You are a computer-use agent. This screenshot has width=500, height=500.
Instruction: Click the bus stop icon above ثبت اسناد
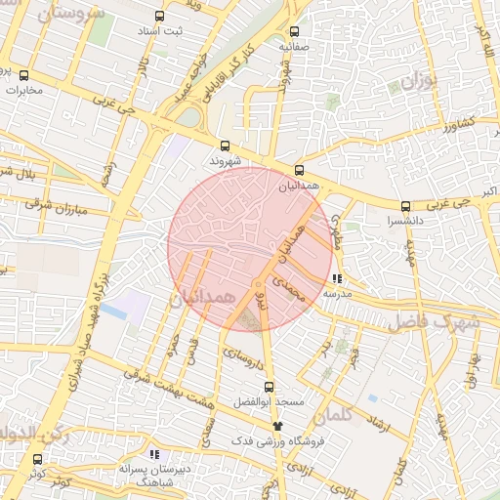coord(160,17)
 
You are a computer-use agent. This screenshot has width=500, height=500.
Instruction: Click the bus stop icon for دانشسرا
coord(405,206)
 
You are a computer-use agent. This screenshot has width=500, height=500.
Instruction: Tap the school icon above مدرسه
coord(337,278)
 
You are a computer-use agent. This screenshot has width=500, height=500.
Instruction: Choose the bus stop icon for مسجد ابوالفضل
coord(269,386)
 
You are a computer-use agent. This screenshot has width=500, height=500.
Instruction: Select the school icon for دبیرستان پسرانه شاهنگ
coord(153,454)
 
